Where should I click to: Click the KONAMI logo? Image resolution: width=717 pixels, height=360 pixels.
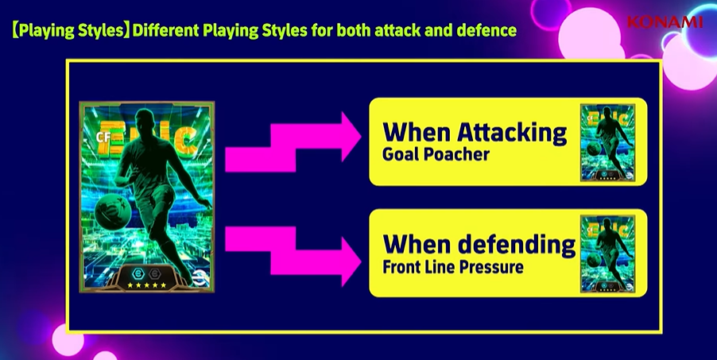coord(665,21)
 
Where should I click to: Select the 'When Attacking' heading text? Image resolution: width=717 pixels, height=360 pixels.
coord(475,132)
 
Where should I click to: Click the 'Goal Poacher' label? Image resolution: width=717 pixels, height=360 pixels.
coord(436,155)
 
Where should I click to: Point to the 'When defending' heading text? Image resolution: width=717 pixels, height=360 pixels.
coord(479,245)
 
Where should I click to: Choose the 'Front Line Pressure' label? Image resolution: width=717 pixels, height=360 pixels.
coord(453,267)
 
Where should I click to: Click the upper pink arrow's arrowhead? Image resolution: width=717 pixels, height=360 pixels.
coord(351,137)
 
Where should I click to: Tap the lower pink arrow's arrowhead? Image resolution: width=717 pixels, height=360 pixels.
coord(351,261)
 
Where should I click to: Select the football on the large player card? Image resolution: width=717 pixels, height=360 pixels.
coord(110,210)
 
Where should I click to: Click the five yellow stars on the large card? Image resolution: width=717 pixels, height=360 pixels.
coord(147,285)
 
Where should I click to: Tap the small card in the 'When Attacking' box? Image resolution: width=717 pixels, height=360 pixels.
coord(608,142)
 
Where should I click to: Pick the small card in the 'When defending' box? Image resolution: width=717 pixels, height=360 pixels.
coord(608,254)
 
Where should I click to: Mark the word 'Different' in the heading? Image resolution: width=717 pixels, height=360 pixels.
coord(165,30)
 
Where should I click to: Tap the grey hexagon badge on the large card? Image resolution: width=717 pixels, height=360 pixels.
coord(153,273)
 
